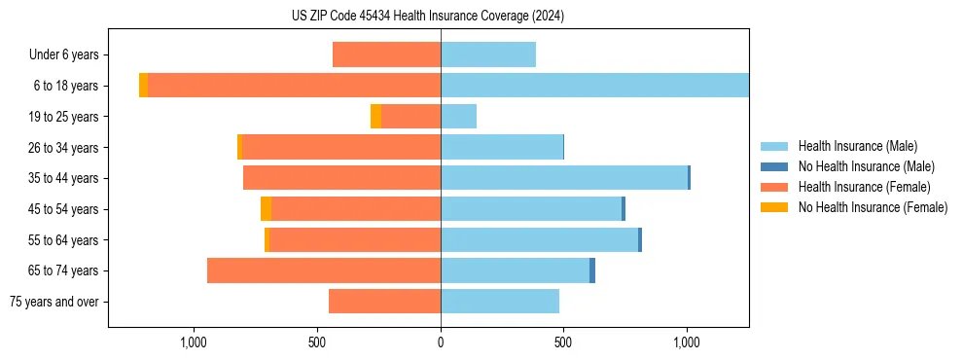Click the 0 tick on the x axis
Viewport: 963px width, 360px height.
[441, 342]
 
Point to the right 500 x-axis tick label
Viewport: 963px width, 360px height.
[563, 342]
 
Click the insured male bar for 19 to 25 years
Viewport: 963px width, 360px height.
[458, 117]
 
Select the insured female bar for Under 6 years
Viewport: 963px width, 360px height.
[386, 54]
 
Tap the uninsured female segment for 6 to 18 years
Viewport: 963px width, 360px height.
[144, 86]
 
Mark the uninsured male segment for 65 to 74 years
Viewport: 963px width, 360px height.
[592, 270]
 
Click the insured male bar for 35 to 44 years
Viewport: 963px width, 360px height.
[564, 178]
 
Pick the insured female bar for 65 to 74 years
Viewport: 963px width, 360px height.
[324, 270]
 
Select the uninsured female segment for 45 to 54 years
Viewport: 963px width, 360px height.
[266, 209]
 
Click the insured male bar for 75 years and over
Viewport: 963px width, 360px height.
[500, 302]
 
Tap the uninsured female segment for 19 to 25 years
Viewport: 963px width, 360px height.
[375, 117]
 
